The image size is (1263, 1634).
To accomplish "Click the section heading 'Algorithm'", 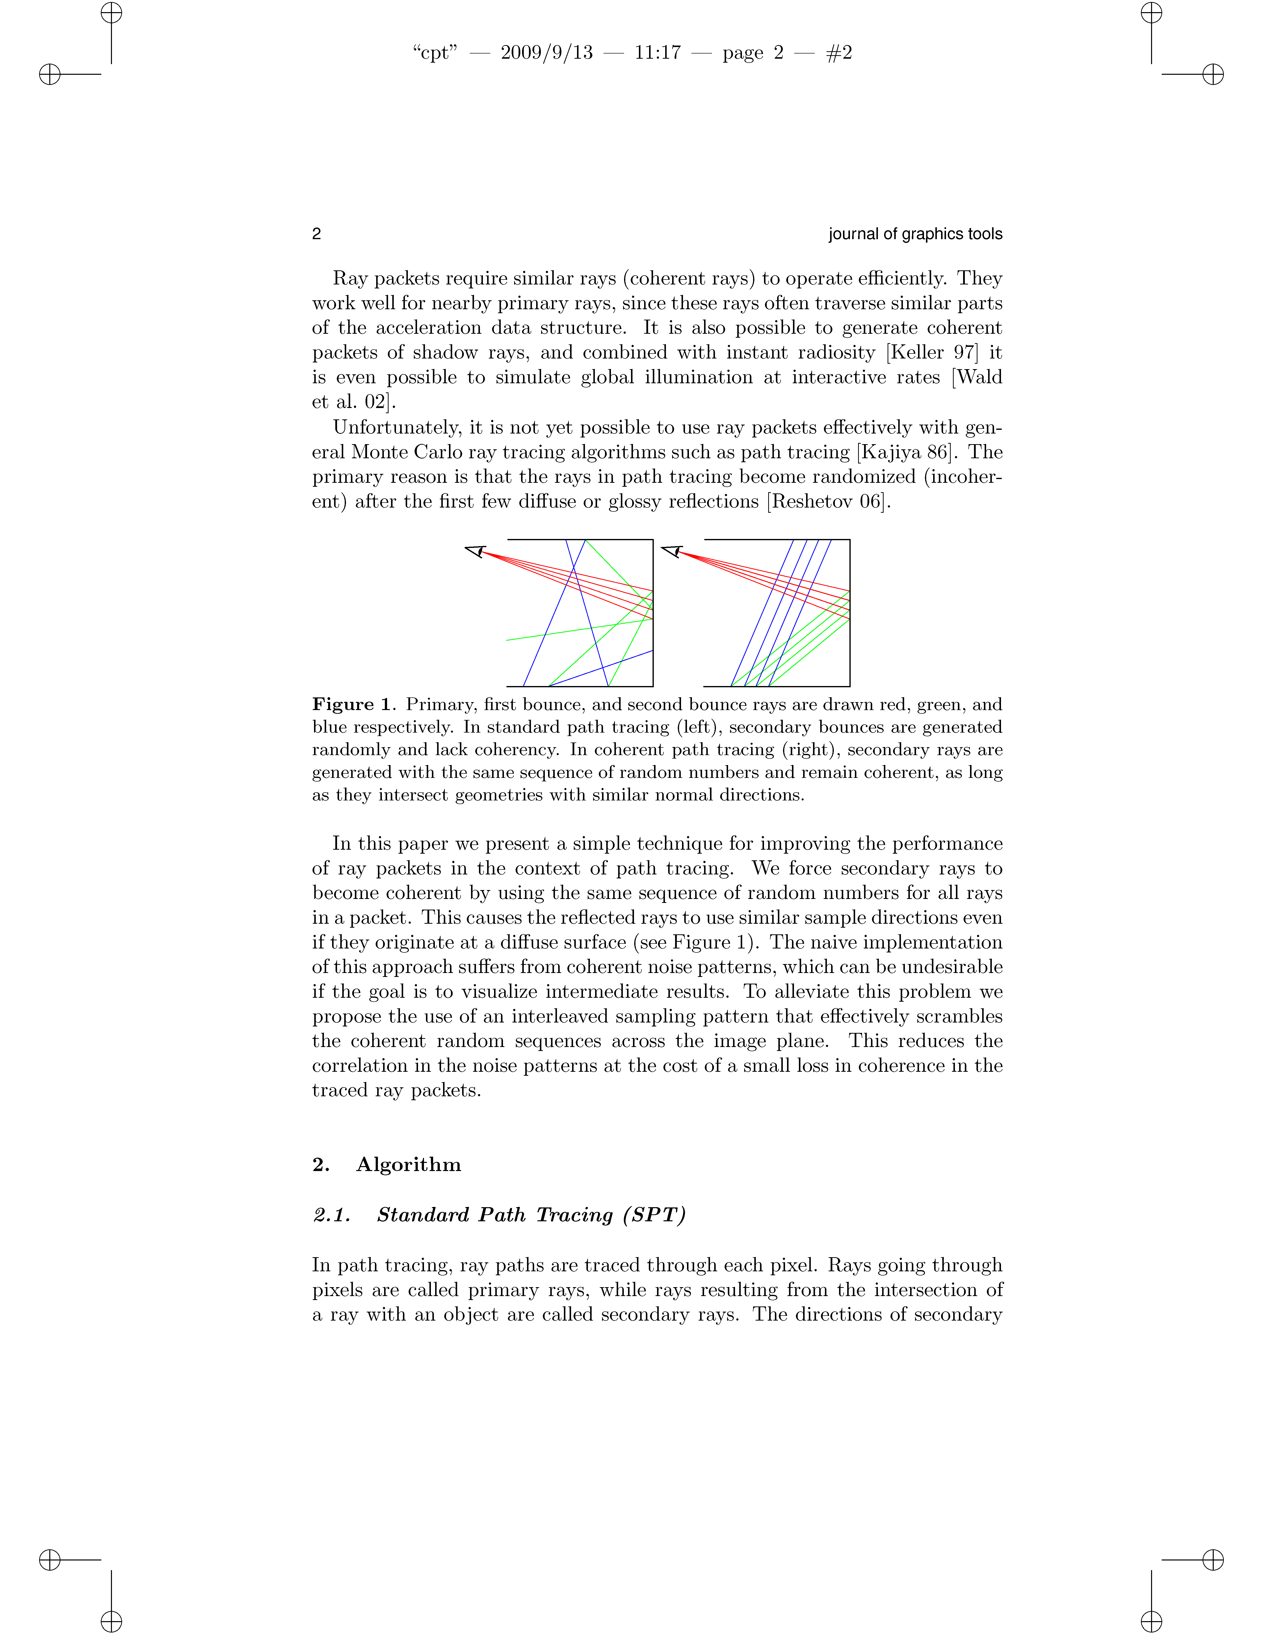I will (x=409, y=1165).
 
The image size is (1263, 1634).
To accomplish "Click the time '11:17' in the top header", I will (x=658, y=52).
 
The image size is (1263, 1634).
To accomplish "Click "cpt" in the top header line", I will (x=435, y=52).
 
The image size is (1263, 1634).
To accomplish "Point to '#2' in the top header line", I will (x=839, y=52).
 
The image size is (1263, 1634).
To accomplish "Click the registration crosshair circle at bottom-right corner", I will (x=1213, y=1560).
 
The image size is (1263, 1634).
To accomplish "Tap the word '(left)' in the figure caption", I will (x=699, y=727).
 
